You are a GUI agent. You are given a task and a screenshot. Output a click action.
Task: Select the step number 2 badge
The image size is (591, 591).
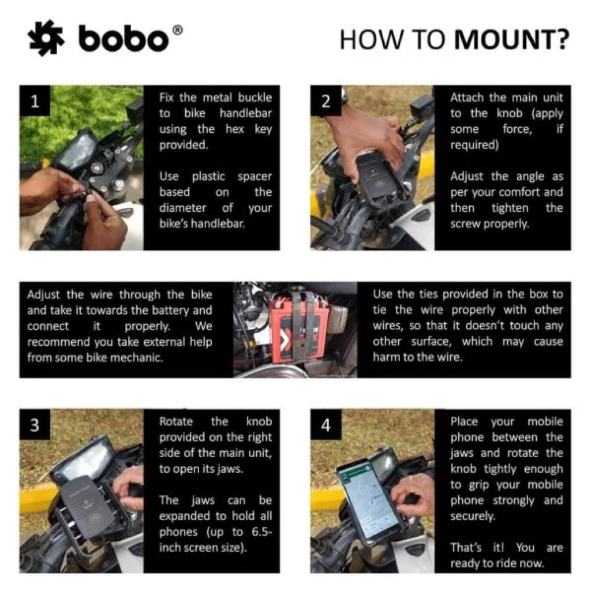pyautogui.click(x=326, y=102)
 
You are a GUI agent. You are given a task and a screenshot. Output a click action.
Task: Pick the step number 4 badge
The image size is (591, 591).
pyautogui.click(x=326, y=425)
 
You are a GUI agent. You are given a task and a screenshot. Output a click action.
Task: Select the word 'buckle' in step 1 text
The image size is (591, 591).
pyautogui.click(x=252, y=98)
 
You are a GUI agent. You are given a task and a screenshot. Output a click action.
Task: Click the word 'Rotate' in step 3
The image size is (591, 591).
pyautogui.click(x=177, y=421)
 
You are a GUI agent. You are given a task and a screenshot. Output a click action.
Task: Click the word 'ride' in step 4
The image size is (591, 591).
pyautogui.click(x=508, y=563)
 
